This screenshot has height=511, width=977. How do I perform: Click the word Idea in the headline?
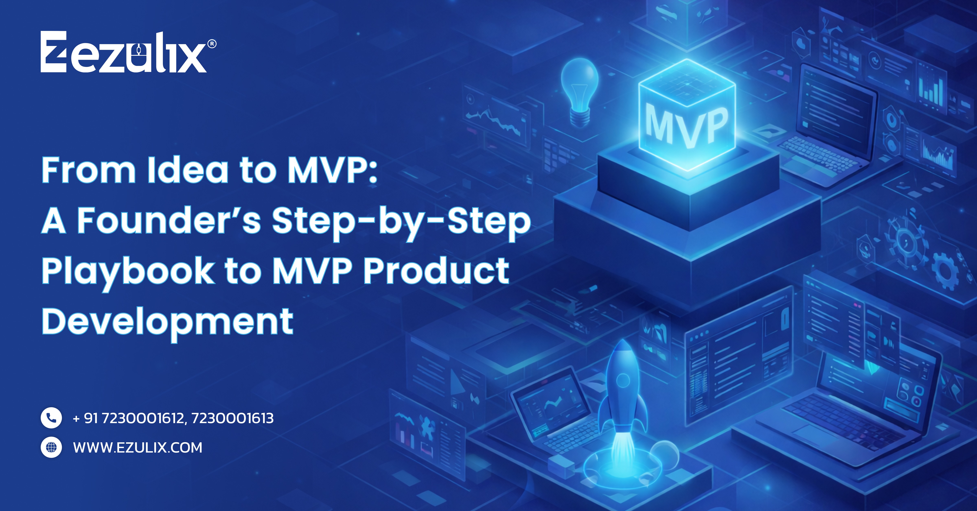[x=188, y=171]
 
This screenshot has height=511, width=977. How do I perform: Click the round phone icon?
[x=51, y=418]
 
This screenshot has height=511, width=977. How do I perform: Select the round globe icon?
[x=51, y=447]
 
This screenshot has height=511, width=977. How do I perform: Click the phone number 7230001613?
[x=232, y=418]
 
